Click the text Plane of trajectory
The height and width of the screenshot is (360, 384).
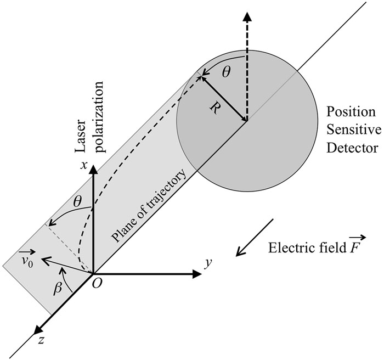149,207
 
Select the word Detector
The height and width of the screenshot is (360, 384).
351,148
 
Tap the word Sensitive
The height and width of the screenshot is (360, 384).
351,130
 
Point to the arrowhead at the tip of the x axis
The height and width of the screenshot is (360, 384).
94,168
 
